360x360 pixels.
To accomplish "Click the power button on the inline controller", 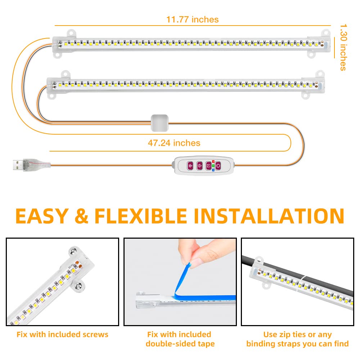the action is [x=218, y=166].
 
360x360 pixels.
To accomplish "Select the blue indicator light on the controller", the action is [x=213, y=170].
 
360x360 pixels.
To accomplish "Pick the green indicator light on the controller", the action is [x=213, y=166].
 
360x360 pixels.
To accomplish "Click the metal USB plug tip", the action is [x=18, y=165].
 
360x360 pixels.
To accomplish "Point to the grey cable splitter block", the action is [x=159, y=123].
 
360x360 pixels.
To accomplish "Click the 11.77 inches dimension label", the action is [x=192, y=19].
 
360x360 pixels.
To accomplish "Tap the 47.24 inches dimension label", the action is [x=174, y=143].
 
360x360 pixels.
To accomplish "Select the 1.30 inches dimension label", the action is [x=343, y=47].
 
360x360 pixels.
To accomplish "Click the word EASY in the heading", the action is [x=42, y=216].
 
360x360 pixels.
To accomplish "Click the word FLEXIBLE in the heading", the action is [x=141, y=216].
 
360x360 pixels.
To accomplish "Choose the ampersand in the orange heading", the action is [x=81, y=216].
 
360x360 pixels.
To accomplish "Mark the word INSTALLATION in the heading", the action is [x=269, y=216].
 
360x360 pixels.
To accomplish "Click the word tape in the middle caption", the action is [x=206, y=344].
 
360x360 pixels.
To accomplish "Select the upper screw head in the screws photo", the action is [x=73, y=251].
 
